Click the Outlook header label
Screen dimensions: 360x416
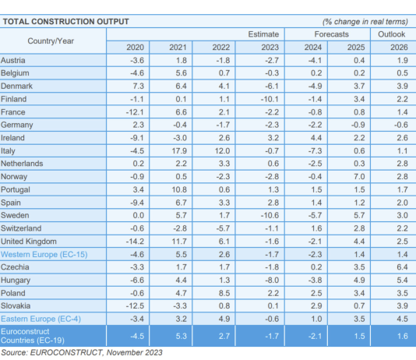pos(391,34)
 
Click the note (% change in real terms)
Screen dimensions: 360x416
pos(366,21)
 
